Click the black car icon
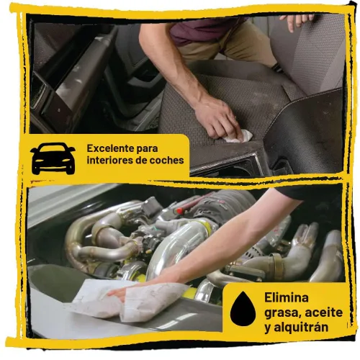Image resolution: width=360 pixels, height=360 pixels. point(53,158)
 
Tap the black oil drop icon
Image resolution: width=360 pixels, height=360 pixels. point(243,309)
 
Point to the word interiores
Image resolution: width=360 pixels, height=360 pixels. point(110,161)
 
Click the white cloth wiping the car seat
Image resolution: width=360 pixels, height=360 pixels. point(240,137)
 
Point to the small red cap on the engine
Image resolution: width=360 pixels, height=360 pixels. point(179,211)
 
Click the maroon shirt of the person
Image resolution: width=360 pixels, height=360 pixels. point(204,30)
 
